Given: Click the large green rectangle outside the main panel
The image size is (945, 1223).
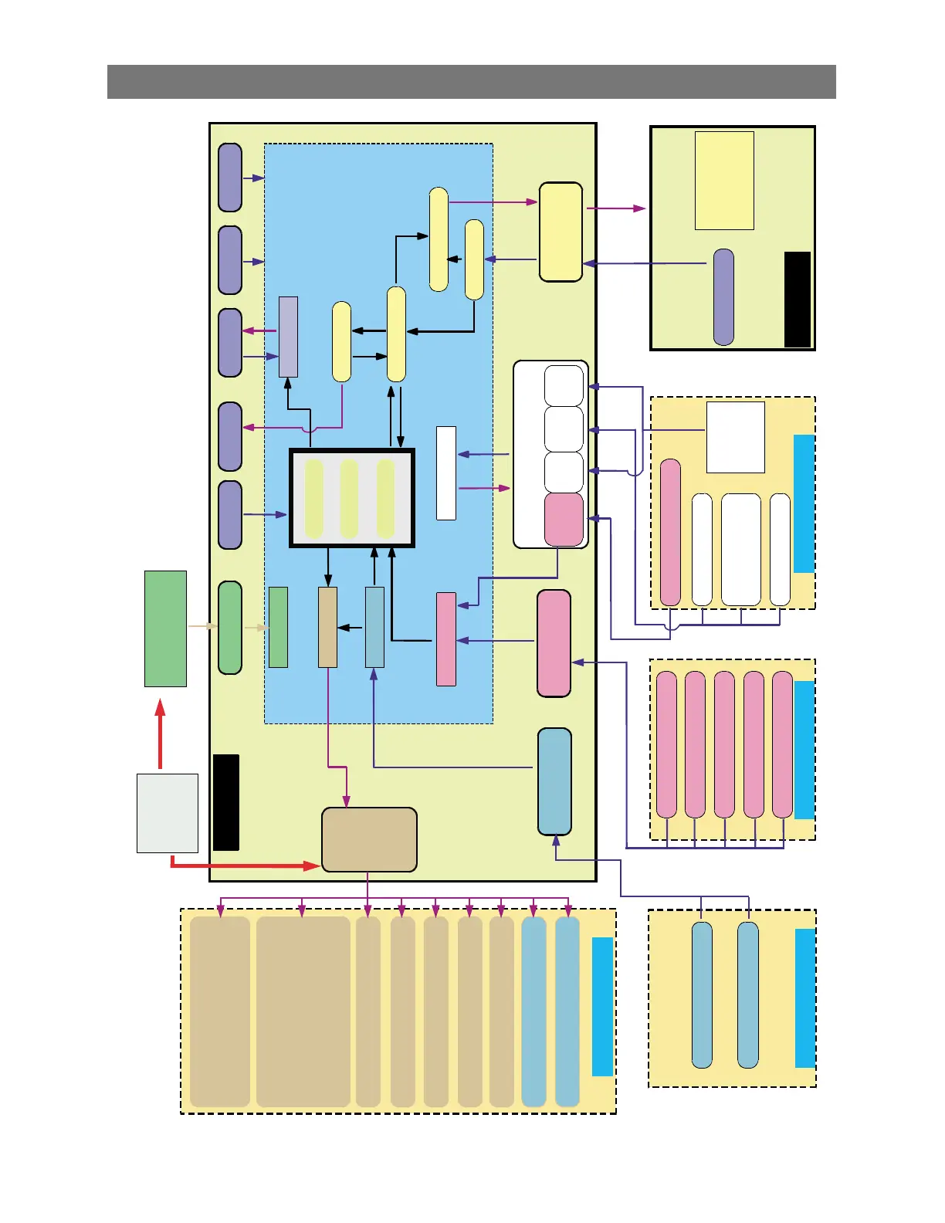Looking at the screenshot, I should click(x=165, y=628).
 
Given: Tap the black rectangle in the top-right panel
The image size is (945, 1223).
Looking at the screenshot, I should click(x=798, y=300).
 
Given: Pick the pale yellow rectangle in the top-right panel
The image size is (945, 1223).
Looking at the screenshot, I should click(x=724, y=181).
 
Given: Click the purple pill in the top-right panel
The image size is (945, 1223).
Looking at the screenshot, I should click(x=723, y=297).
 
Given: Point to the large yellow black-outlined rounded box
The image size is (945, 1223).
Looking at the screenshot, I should click(x=561, y=232).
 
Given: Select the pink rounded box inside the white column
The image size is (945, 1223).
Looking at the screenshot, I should click(x=564, y=519).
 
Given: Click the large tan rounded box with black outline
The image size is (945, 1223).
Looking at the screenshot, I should click(x=369, y=840).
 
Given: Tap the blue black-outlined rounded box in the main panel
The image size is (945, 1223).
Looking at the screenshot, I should click(x=554, y=781).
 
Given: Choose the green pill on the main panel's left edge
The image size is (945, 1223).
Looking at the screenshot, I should click(x=230, y=628).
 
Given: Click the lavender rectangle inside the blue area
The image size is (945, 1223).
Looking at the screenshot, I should click(x=288, y=337).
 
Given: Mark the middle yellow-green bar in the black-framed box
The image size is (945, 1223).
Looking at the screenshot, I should click(x=349, y=499).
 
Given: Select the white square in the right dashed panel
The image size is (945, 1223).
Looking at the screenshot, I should click(x=736, y=437).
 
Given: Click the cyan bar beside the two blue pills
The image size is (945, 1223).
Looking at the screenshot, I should click(x=805, y=998).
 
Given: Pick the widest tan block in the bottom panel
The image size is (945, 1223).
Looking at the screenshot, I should click(x=303, y=1011).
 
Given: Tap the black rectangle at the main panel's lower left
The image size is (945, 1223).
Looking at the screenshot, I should click(x=226, y=802).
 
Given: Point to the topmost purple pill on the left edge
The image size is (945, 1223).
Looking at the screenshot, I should click(x=230, y=178).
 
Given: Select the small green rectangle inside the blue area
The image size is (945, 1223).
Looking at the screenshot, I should click(x=278, y=627).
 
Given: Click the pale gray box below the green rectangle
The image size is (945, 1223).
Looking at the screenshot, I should click(x=168, y=813).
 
